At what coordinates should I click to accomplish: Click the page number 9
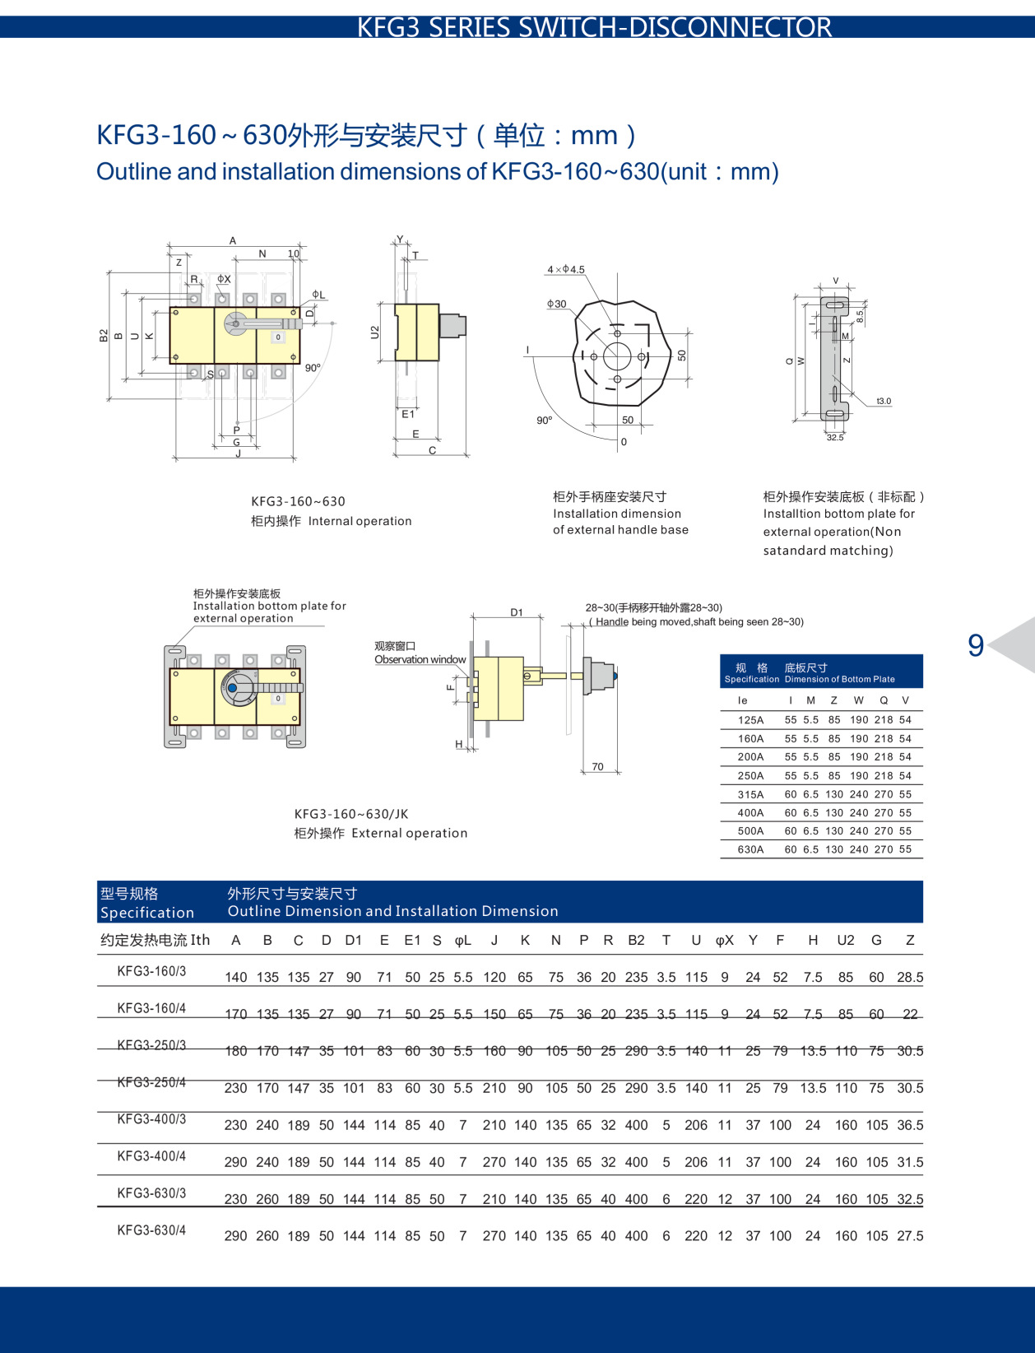(x=976, y=645)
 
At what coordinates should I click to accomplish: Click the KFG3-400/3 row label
(x=151, y=1119)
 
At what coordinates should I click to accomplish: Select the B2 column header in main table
(x=636, y=940)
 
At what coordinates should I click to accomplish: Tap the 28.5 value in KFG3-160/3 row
(x=910, y=978)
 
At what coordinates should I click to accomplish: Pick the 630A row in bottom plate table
(x=750, y=849)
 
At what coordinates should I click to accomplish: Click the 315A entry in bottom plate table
(x=750, y=794)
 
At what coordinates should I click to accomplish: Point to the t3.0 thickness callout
(x=883, y=402)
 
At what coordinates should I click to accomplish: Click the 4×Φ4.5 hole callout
(x=566, y=270)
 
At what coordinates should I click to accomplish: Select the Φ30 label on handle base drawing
(x=557, y=304)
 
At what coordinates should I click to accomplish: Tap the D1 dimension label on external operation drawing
(x=517, y=612)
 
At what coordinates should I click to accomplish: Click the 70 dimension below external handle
(x=597, y=766)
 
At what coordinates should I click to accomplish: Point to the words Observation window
(x=420, y=659)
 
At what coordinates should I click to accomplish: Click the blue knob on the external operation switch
(x=232, y=688)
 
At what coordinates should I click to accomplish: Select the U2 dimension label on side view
(x=375, y=332)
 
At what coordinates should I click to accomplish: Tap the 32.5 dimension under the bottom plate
(x=835, y=438)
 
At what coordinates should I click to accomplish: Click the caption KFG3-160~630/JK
(x=351, y=814)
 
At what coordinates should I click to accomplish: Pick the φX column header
(x=724, y=940)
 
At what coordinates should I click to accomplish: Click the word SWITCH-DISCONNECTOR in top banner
(x=675, y=27)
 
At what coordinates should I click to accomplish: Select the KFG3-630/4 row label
(x=151, y=1230)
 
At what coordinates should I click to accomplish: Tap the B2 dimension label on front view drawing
(x=104, y=335)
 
